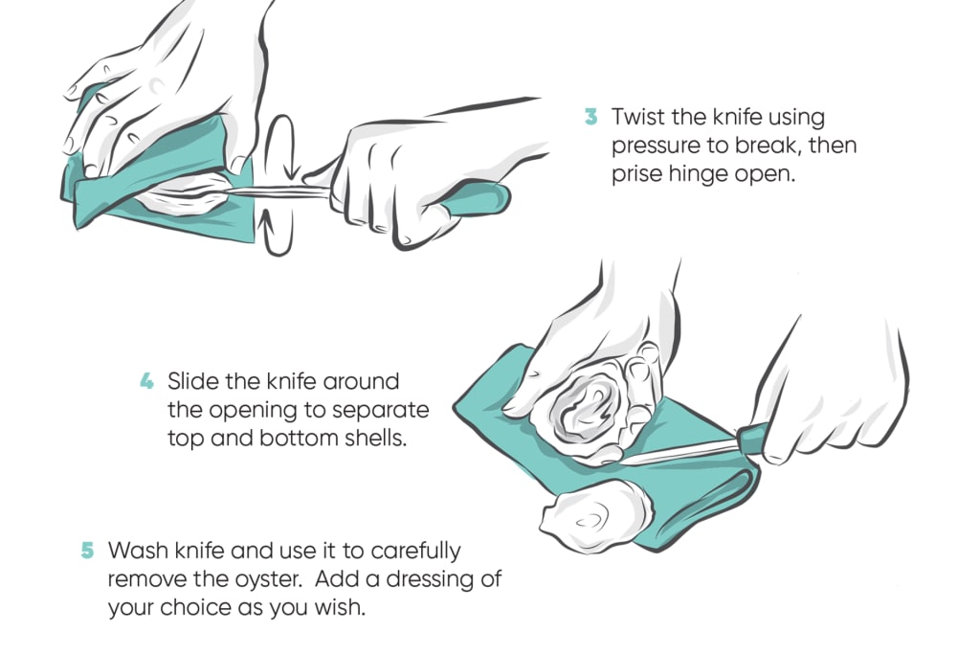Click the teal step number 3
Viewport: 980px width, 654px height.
[590, 116]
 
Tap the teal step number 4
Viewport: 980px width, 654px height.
[146, 381]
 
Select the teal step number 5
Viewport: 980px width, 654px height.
[87, 551]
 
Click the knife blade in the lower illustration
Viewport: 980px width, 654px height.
[679, 451]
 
